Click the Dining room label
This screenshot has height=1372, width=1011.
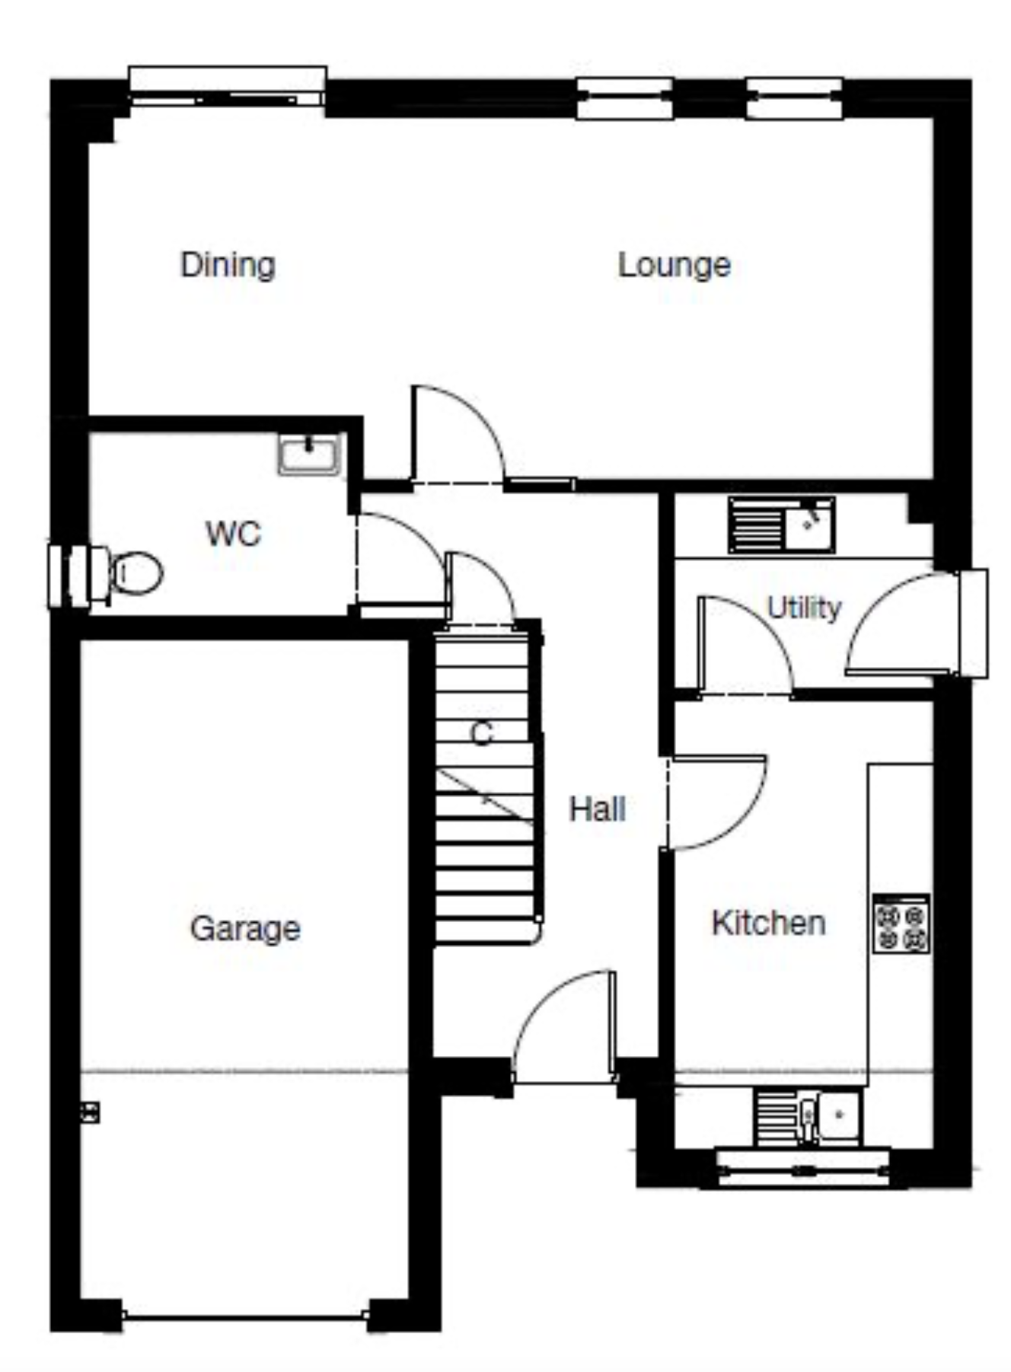[x=228, y=265]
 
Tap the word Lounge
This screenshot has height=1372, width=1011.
[x=674, y=265]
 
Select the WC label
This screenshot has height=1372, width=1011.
[x=233, y=534]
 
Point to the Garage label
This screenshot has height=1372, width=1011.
[x=245, y=929]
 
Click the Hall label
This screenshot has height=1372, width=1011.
[x=598, y=809]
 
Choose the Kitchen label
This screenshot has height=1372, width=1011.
[x=768, y=923]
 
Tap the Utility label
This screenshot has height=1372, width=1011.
[x=804, y=608]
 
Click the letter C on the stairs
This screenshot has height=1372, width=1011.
[x=482, y=734]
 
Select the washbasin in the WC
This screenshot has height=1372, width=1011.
[x=309, y=455]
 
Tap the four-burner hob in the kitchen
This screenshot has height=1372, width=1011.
[x=901, y=924]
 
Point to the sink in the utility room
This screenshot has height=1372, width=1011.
[x=782, y=525]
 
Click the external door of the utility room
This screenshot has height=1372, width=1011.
[x=898, y=624]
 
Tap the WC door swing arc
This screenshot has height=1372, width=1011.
[x=400, y=560]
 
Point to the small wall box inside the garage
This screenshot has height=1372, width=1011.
[x=90, y=1112]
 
